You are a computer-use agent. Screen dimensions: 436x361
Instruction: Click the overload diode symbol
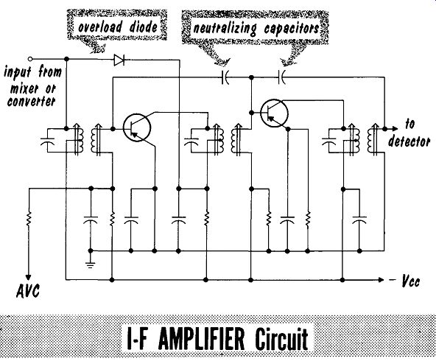point(119,60)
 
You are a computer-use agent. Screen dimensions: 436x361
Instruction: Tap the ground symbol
point(91,264)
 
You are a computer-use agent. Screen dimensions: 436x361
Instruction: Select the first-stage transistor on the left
point(137,127)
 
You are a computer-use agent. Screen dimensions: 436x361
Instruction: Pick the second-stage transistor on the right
point(275,113)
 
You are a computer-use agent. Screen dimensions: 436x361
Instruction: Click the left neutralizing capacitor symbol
point(225,77)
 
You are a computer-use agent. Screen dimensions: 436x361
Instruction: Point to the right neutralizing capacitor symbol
point(281,77)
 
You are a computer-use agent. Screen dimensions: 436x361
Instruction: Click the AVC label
point(28,291)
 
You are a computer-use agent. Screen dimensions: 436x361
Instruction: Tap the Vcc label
point(410,281)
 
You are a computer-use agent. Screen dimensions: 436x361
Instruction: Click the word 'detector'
point(409,141)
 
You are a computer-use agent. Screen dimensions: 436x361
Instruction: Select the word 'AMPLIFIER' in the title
point(203,339)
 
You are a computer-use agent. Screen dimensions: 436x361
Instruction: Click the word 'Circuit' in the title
point(281,339)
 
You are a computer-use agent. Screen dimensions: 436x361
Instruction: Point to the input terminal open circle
point(31,59)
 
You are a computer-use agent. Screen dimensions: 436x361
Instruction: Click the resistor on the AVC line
point(29,218)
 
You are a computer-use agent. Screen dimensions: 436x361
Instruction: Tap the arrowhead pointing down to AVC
point(28,277)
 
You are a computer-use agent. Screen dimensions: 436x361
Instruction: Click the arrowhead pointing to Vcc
point(381,280)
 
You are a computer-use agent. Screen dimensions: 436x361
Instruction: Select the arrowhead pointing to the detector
point(395,129)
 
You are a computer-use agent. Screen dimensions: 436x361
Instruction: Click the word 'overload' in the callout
point(100,27)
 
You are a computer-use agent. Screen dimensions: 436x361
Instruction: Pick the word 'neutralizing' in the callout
point(225,29)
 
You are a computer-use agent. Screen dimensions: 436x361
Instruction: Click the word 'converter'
point(31,101)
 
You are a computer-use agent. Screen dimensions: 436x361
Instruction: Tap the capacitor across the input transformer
point(47,141)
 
